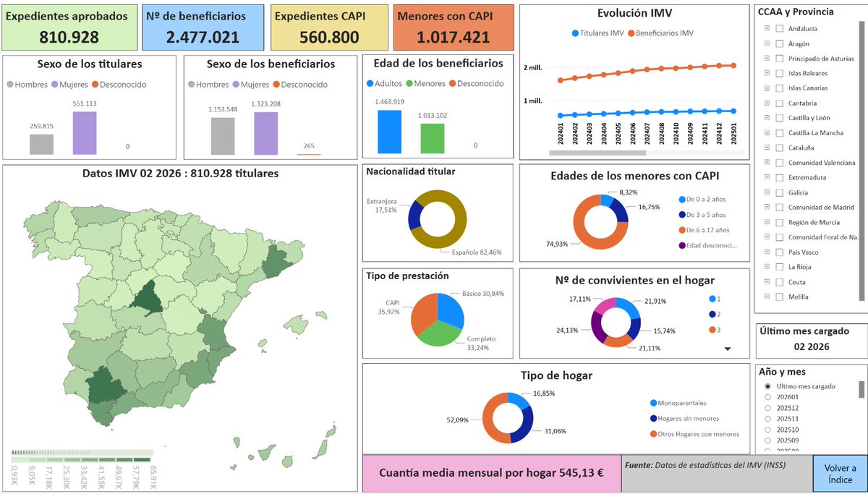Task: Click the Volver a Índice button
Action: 839,473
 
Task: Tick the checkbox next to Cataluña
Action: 779,148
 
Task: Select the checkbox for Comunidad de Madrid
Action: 779,207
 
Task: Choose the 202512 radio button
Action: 767,407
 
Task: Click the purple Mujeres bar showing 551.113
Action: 84,132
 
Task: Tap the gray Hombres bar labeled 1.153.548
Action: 223,136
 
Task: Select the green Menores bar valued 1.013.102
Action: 432,138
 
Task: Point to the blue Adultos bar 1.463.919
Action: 389,132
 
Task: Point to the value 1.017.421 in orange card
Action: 454,38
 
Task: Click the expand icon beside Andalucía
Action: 766,29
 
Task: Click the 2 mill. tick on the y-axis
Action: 534,68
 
